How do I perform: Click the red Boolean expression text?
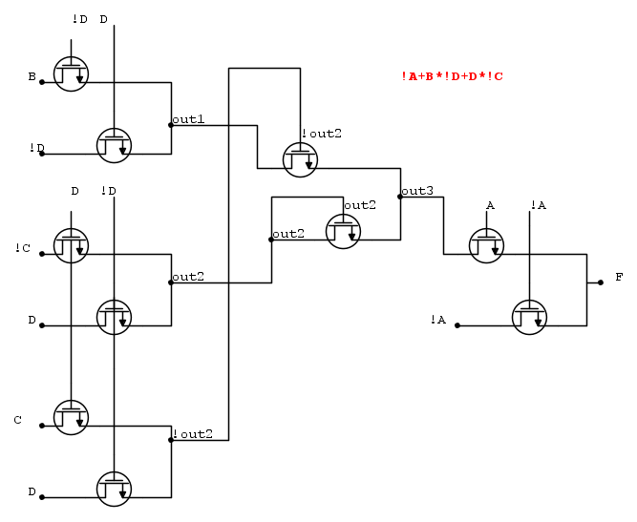tap(452, 76)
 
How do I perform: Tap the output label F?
tap(619, 277)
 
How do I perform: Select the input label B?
tap(32, 75)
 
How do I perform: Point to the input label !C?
tap(23, 248)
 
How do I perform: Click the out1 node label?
tap(188, 119)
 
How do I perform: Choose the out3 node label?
tap(417, 191)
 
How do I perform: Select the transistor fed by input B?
tap(71, 73)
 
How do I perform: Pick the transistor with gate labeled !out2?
tap(300, 158)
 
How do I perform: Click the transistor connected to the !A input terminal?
tap(529, 317)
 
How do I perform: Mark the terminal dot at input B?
tap(42, 82)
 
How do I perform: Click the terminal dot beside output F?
tap(600, 283)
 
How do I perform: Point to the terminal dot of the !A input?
tap(457, 326)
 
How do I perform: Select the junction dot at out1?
tap(171, 125)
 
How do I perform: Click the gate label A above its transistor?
tap(490, 205)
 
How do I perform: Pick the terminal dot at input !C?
tap(42, 255)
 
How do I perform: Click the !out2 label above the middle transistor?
tap(321, 134)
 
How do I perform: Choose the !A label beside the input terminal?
tap(438, 319)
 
